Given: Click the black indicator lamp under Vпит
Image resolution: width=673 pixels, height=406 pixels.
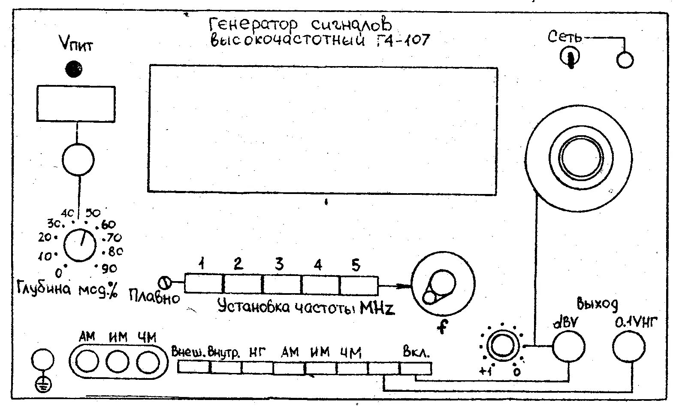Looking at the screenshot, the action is click(x=74, y=69).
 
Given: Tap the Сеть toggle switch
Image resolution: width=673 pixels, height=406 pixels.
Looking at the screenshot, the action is click(x=570, y=56).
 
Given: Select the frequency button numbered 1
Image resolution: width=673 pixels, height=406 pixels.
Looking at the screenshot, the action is click(x=204, y=284).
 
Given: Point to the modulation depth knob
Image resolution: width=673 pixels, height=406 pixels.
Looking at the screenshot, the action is click(x=80, y=245).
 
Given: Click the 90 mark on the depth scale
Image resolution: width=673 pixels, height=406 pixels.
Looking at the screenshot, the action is click(x=109, y=269).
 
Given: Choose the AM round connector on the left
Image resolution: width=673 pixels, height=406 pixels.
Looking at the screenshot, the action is click(x=87, y=361).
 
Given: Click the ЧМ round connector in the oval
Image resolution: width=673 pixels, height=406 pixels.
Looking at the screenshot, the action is click(x=148, y=361).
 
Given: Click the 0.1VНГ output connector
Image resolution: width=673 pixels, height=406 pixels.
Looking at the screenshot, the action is click(x=628, y=347).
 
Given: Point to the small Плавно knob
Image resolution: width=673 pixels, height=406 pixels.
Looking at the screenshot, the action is click(x=165, y=283).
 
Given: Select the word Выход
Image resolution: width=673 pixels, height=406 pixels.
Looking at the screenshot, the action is click(x=598, y=303).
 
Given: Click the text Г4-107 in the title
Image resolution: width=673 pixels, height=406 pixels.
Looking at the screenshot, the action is click(x=402, y=41).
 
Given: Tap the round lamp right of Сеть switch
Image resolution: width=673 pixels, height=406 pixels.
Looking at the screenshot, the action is click(x=625, y=60).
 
